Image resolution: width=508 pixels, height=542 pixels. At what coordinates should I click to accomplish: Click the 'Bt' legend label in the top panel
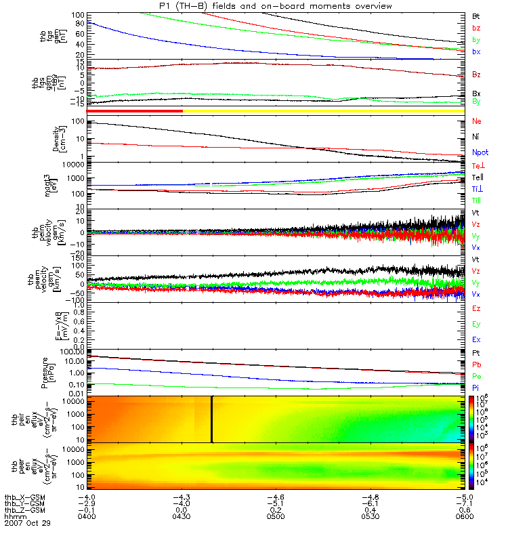coord(476,15)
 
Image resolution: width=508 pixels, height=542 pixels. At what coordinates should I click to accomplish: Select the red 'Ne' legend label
coord(477,121)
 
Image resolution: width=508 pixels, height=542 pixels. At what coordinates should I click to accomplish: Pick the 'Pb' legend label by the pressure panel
coord(477,365)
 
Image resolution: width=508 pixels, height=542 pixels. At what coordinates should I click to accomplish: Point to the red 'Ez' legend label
coord(477,308)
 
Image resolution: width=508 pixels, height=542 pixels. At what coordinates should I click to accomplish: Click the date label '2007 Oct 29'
coord(27,524)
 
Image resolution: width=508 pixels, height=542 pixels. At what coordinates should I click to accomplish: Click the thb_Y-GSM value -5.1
coord(275,503)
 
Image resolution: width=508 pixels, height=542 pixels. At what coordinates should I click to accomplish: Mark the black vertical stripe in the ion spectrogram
coord(212,419)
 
